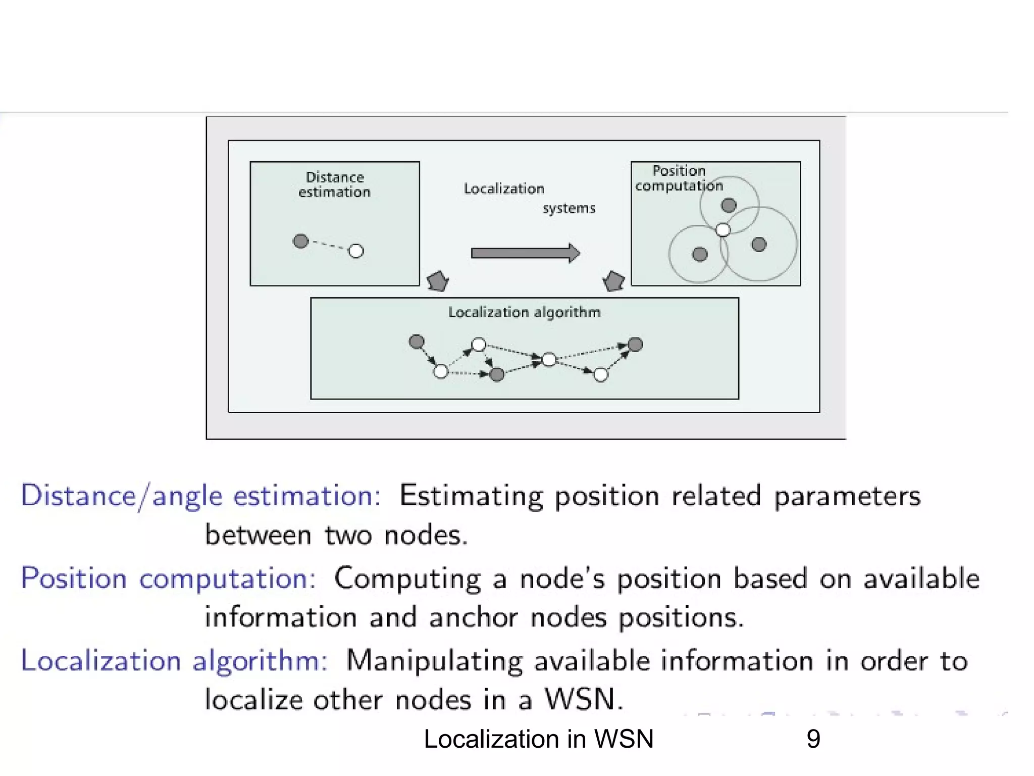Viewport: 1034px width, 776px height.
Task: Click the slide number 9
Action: tap(813, 739)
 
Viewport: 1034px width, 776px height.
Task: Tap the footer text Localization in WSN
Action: tap(538, 739)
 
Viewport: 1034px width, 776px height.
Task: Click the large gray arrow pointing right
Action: tap(525, 253)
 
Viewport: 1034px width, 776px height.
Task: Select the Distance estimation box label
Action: tap(334, 184)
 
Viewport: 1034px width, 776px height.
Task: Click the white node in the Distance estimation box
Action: tap(356, 251)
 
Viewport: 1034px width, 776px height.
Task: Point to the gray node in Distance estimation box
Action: tap(300, 241)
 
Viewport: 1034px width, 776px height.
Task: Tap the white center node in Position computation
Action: tap(723, 230)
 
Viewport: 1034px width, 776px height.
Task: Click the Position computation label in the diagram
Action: tap(679, 178)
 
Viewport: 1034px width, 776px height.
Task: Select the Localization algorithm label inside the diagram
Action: tap(524, 312)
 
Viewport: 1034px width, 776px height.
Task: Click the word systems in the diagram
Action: tap(569, 208)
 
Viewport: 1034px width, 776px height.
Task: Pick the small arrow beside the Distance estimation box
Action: tap(438, 281)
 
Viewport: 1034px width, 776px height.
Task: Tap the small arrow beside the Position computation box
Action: tap(614, 281)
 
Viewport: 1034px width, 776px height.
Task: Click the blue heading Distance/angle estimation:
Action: tap(200, 496)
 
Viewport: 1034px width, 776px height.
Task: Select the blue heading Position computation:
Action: tap(168, 578)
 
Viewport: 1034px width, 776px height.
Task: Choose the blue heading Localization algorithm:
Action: tap(174, 661)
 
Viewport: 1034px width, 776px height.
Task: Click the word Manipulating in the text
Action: tap(434, 661)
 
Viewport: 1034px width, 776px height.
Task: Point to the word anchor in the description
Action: tap(473, 617)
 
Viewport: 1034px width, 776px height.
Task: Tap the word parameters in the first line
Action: tap(847, 496)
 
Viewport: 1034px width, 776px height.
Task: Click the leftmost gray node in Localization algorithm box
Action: tap(417, 342)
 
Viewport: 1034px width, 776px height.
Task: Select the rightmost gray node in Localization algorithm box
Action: tap(635, 345)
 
